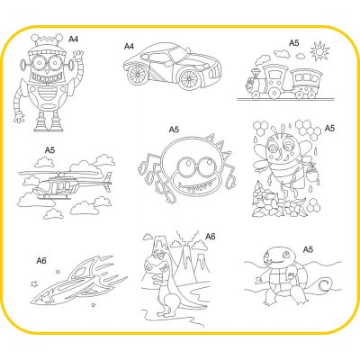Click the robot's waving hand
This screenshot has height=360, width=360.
click(x=77, y=56)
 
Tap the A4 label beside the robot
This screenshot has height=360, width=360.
click(x=73, y=39)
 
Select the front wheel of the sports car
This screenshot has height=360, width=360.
click(x=189, y=78)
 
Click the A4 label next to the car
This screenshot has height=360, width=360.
click(x=129, y=47)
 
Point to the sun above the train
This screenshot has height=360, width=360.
click(x=319, y=51)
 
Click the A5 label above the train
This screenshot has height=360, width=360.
click(x=294, y=43)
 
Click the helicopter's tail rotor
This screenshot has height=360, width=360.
click(x=108, y=182)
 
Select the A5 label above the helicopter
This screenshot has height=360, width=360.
click(x=49, y=150)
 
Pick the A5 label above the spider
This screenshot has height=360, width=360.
click(x=174, y=130)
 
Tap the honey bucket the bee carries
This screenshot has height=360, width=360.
click(x=312, y=173)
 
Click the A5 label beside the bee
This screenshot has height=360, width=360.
click(x=329, y=129)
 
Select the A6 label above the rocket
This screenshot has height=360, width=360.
click(x=41, y=261)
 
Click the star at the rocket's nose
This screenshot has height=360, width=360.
click(x=34, y=283)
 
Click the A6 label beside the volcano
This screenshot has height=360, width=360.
click(x=211, y=237)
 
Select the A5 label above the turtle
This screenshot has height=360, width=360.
click(x=308, y=249)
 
